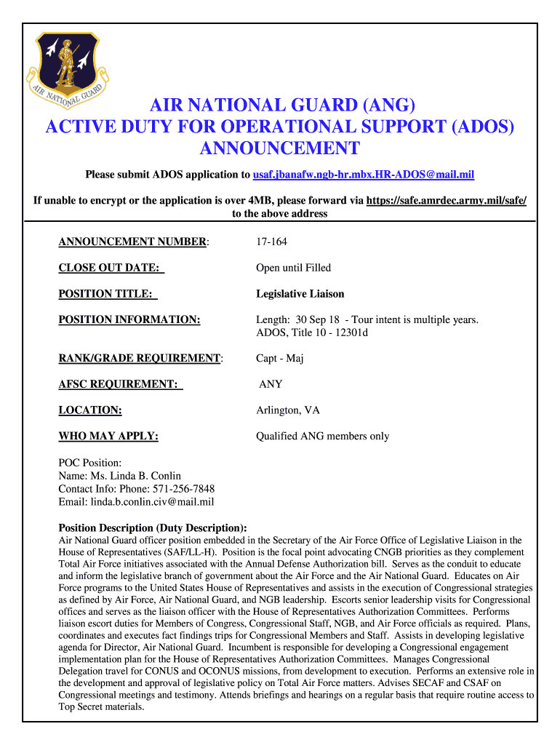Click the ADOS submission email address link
pyautogui.click(x=363, y=175)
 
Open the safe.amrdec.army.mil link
pyautogui.click(x=446, y=200)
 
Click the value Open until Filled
pyautogui.click(x=293, y=268)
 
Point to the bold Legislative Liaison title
pyautogui.click(x=300, y=294)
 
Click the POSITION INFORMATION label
pyautogui.click(x=129, y=320)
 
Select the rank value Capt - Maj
pyautogui.click(x=279, y=358)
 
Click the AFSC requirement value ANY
pyautogui.click(x=271, y=384)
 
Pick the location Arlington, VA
pyautogui.click(x=287, y=410)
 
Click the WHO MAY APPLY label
pyautogui.click(x=108, y=437)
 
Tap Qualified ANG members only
pyautogui.click(x=322, y=437)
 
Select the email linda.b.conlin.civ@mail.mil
pyautogui.click(x=152, y=502)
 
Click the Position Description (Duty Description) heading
pyautogui.click(x=152, y=527)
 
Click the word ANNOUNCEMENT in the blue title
pyautogui.click(x=279, y=148)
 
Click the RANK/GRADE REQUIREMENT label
pyautogui.click(x=140, y=358)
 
